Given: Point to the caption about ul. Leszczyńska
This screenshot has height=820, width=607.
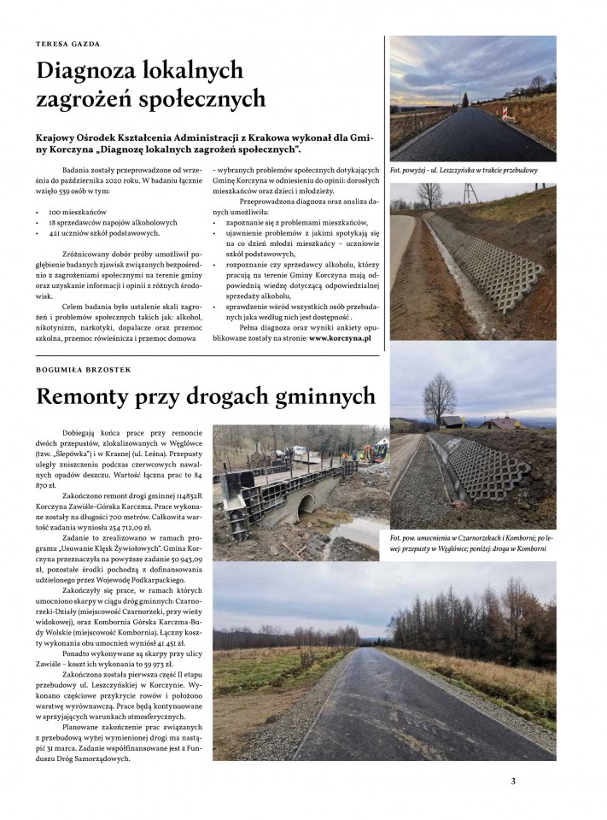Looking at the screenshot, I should coord(463,170).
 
